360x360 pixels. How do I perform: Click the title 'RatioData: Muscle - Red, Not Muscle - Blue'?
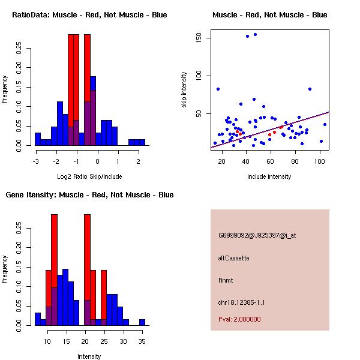pyautogui.click(x=89, y=14)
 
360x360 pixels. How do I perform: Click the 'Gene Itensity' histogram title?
pyautogui.click(x=89, y=195)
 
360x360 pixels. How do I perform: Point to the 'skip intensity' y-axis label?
pyautogui.click(x=184, y=89)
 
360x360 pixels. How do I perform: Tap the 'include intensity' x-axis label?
pyautogui.click(x=269, y=176)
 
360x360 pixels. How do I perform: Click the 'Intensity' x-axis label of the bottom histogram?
pyautogui.click(x=89, y=356)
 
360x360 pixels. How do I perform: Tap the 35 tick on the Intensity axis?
pyautogui.click(x=142, y=341)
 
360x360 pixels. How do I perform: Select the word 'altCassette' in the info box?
pyautogui.click(x=233, y=258)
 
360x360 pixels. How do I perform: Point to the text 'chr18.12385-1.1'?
pyautogui.click(x=241, y=302)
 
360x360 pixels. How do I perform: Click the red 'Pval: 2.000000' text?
pyautogui.click(x=240, y=320)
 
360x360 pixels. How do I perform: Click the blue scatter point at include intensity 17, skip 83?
pyautogui.click(x=218, y=89)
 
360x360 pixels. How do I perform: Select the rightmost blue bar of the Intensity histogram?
pyautogui.click(x=142, y=322)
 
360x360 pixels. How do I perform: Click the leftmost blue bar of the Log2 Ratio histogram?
pyautogui.click(x=37, y=139)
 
